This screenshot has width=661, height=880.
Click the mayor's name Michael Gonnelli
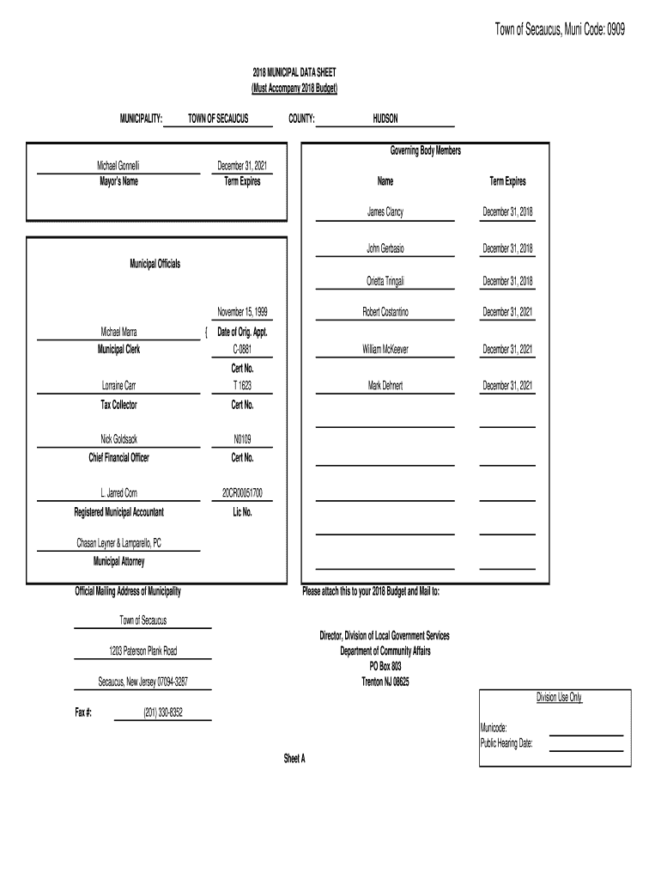tap(118, 164)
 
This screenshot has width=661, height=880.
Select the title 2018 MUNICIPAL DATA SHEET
tap(294, 76)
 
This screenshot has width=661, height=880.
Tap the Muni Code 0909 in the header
tap(607, 30)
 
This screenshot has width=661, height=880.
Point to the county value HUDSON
tap(385, 119)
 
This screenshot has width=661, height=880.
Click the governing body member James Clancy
tap(385, 211)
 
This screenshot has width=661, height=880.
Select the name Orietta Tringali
tap(385, 281)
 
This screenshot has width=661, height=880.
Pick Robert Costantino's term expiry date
tap(507, 313)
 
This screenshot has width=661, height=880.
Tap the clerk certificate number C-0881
tap(243, 350)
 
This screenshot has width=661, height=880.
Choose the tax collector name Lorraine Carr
tap(118, 386)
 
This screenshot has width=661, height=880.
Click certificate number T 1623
tap(243, 386)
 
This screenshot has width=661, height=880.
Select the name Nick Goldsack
tap(118, 439)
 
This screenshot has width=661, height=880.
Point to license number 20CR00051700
tap(243, 493)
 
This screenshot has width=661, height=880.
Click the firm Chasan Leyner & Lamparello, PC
tap(118, 543)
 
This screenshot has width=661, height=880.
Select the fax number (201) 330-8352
tap(163, 712)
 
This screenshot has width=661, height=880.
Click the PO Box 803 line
tap(385, 666)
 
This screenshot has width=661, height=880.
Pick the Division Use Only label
tap(559, 698)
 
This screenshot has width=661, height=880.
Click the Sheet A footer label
tap(294, 759)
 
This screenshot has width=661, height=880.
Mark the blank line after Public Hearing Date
tap(585, 749)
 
